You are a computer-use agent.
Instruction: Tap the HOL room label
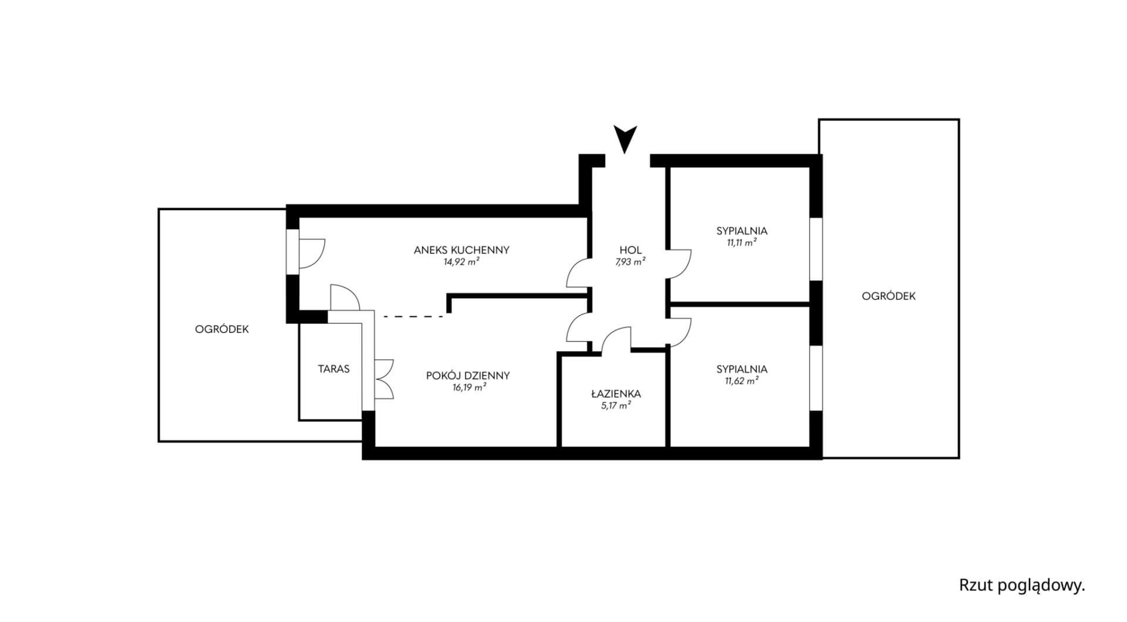630,250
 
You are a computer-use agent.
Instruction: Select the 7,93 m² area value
630,262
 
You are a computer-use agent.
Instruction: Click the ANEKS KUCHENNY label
461,250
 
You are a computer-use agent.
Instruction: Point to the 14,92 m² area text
461,262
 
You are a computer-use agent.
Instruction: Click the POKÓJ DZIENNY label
468,376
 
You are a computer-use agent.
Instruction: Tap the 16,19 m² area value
468,388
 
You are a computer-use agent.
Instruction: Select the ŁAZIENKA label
616,394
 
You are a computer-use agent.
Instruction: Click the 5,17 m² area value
616,405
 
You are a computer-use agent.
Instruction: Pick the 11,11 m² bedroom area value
742,243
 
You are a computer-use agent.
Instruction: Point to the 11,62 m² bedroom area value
742,381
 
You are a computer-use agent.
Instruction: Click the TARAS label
333,369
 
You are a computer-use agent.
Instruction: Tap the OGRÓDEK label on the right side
889,296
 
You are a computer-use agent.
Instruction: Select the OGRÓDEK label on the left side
222,329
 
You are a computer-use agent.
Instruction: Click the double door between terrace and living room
383,379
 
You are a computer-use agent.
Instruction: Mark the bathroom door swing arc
615,339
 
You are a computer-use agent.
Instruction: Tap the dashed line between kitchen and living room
413,317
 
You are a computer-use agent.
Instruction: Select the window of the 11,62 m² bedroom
815,378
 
